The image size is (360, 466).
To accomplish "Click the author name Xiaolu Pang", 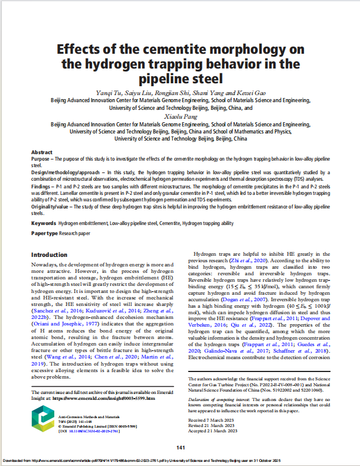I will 180,118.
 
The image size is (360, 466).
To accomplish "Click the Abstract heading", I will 41,152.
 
